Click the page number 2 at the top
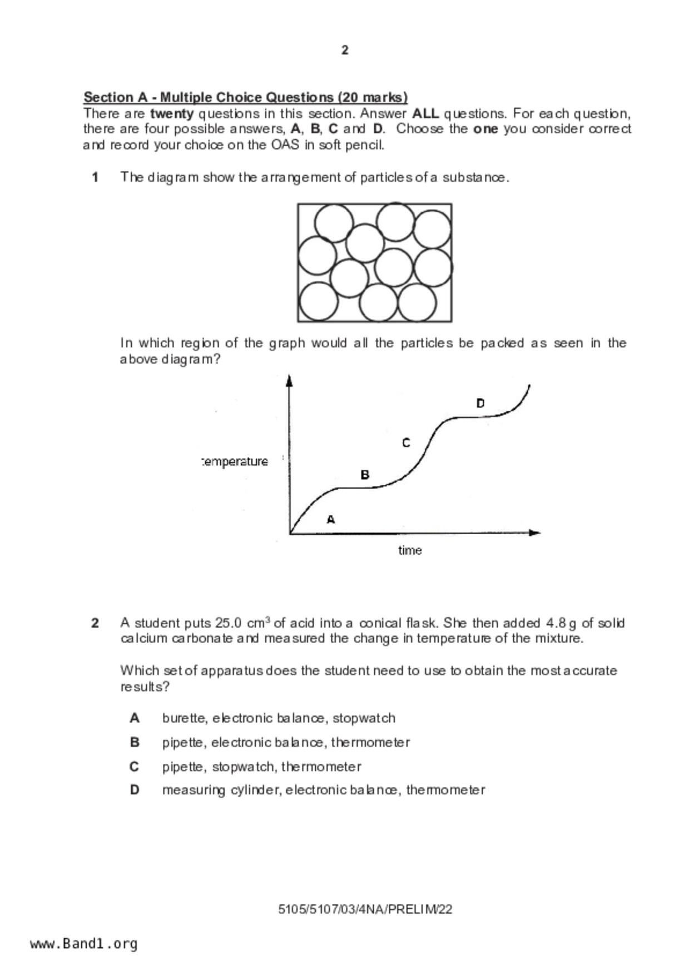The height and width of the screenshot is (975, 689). pos(345,51)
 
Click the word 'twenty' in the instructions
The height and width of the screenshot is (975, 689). pos(172,114)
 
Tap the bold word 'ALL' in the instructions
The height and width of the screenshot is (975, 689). pos(425,114)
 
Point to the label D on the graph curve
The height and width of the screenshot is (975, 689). pos(480,403)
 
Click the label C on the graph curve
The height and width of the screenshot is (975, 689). pos(406,443)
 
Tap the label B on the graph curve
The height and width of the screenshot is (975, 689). pos(365,475)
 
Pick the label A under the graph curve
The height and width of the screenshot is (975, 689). pos(331,520)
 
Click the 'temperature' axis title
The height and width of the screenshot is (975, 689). pos(235,461)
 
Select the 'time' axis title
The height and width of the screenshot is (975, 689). pos(410,550)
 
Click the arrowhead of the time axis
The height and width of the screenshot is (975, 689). pos(534,533)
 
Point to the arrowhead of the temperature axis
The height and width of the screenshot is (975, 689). pos(289,381)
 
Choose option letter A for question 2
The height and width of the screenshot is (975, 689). pos(135,718)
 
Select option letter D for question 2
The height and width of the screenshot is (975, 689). pos(135,790)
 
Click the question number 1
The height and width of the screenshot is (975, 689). pos(96,177)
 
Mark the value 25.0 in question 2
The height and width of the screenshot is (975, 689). pos(228,623)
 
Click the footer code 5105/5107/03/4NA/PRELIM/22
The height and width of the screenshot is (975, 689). pos(365,909)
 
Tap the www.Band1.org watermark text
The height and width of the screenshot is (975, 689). pos(84,944)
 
